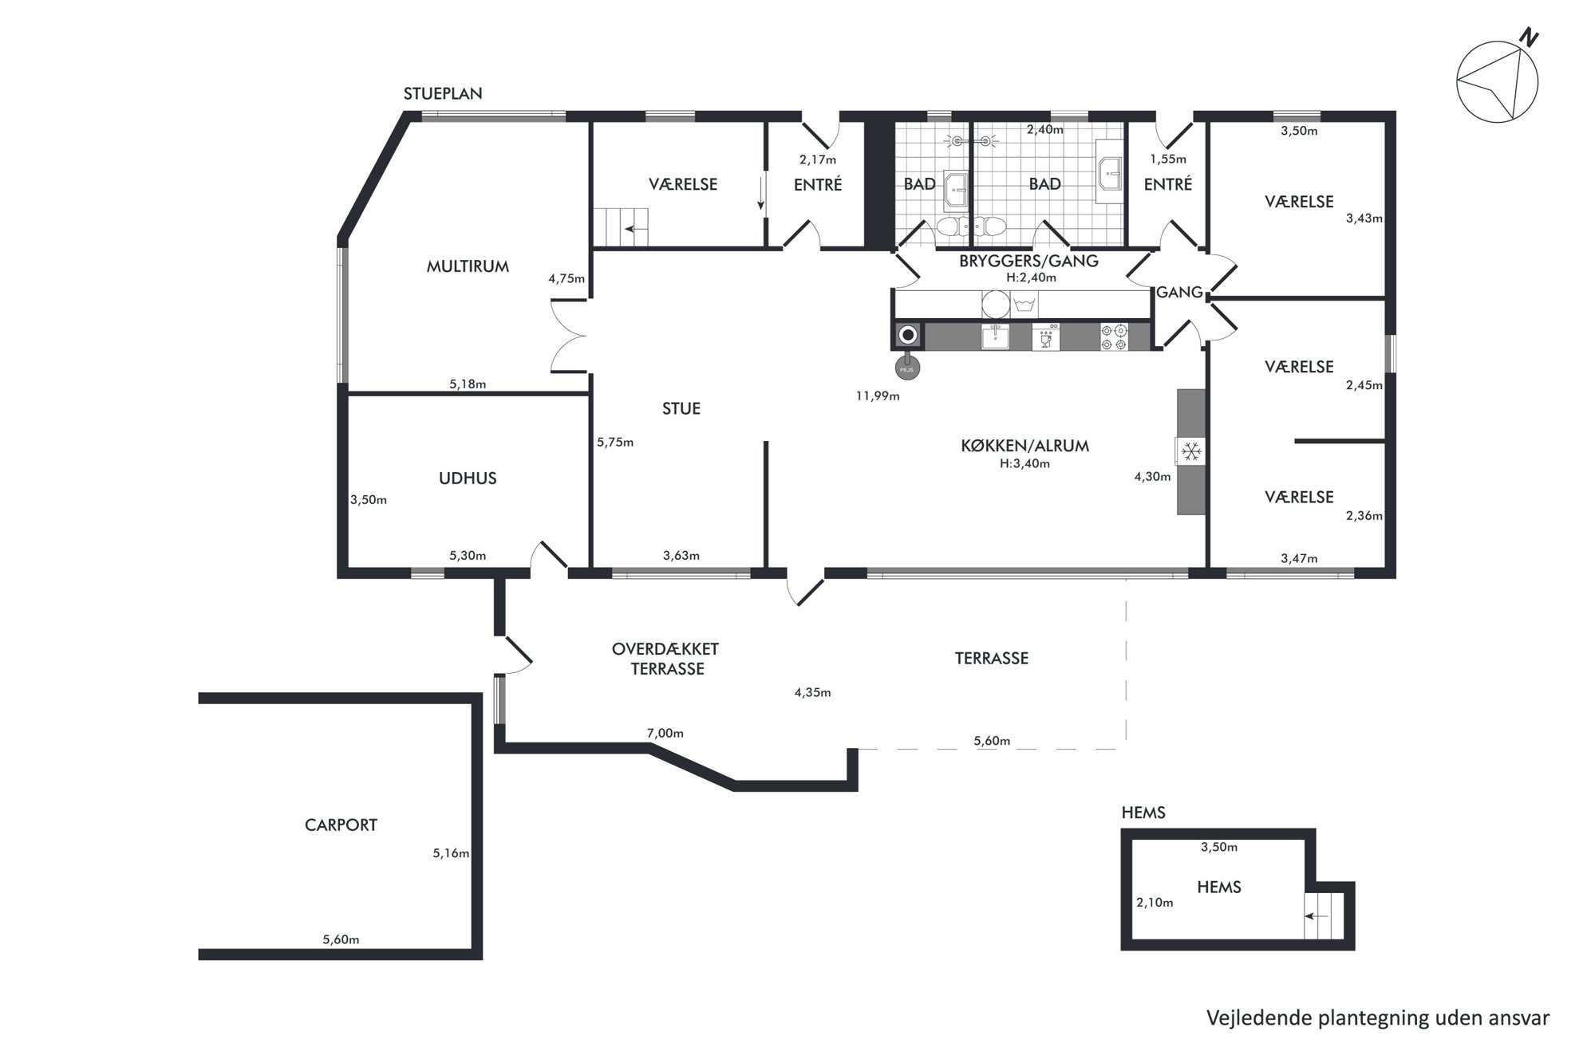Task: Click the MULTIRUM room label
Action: click(x=468, y=266)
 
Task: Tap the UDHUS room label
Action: click(x=468, y=478)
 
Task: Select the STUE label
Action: click(x=681, y=408)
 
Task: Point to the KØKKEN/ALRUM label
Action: click(x=1024, y=446)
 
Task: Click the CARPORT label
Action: click(x=341, y=825)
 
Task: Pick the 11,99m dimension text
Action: click(x=878, y=396)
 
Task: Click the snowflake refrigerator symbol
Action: click(x=1191, y=452)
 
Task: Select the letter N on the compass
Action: click(x=1529, y=37)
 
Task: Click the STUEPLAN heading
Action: click(x=443, y=93)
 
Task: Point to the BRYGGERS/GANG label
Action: click(x=1028, y=261)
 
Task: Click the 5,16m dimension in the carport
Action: click(x=451, y=853)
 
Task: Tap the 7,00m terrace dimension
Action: click(x=665, y=734)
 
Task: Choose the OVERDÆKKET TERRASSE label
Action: click(x=665, y=659)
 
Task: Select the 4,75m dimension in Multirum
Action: click(x=566, y=279)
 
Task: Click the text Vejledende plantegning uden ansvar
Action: click(x=1378, y=1018)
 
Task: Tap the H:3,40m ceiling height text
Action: click(x=1024, y=463)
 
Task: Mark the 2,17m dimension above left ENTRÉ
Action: click(x=818, y=159)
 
